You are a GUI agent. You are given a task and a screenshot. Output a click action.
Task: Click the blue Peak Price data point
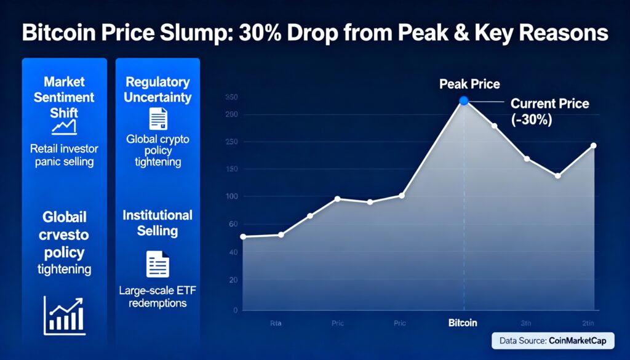(x=464, y=101)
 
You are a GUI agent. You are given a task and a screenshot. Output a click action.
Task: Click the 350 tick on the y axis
(x=232, y=97)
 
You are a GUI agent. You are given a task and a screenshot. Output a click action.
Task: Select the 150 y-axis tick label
(x=231, y=169)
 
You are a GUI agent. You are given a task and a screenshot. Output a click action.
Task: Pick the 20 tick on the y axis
(x=233, y=280)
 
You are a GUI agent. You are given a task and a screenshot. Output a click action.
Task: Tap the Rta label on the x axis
(x=276, y=322)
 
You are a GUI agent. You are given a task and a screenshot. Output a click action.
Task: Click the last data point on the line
(x=593, y=146)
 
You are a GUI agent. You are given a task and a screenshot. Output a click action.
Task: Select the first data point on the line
(x=243, y=236)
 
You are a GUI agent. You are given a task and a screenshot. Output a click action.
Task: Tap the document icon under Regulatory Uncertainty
(x=157, y=118)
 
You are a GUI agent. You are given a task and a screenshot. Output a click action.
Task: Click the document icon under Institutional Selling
(x=157, y=264)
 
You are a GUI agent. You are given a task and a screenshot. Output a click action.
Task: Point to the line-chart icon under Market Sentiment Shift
(x=64, y=127)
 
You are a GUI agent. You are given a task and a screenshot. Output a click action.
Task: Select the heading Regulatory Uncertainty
(x=157, y=89)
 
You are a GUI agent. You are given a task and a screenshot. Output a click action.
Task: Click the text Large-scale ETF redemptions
(x=157, y=297)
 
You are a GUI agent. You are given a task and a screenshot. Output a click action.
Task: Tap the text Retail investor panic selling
(x=64, y=155)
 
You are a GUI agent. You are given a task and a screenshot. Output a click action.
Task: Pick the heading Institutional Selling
(x=157, y=223)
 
